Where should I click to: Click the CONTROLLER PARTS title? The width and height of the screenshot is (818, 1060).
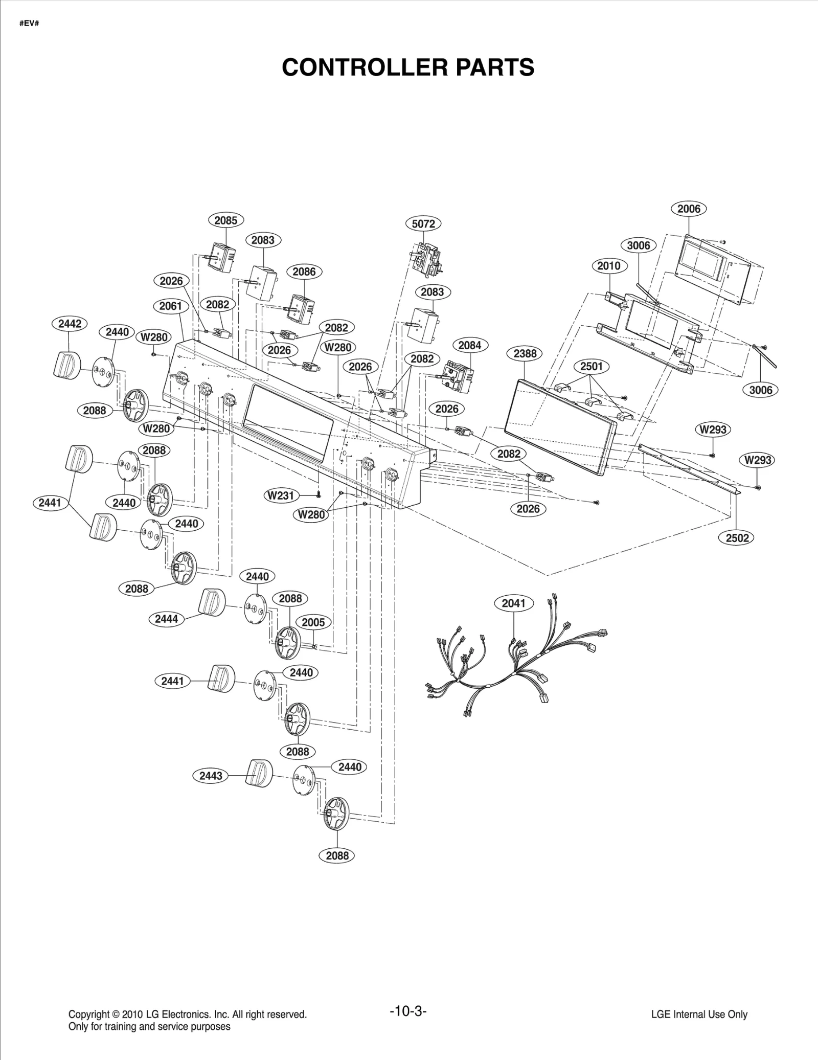[x=408, y=67]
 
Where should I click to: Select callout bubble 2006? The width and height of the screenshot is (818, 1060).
[x=688, y=209]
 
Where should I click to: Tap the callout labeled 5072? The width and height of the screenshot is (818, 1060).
[x=423, y=223]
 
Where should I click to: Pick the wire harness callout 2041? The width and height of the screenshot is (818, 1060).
[x=513, y=603]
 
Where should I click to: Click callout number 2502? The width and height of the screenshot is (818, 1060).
[x=737, y=537]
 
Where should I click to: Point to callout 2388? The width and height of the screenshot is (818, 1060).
[x=525, y=353]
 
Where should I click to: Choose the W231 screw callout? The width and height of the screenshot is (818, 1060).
[x=281, y=495]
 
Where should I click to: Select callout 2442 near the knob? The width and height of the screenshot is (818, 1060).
[x=70, y=324]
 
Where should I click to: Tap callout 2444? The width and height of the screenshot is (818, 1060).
[x=166, y=619]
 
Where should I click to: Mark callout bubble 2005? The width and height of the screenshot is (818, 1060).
[x=313, y=622]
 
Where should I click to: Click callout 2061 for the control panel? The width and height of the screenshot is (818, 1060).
[x=170, y=306]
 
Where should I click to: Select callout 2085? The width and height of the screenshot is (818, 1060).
[x=225, y=220]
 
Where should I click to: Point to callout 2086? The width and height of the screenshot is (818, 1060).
[x=304, y=272]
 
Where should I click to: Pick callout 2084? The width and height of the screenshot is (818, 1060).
[x=469, y=345]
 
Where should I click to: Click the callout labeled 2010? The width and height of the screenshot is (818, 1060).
[x=608, y=265]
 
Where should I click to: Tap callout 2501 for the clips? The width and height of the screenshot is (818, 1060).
[x=591, y=366]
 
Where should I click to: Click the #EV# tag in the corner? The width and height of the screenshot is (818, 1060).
[x=29, y=24]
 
